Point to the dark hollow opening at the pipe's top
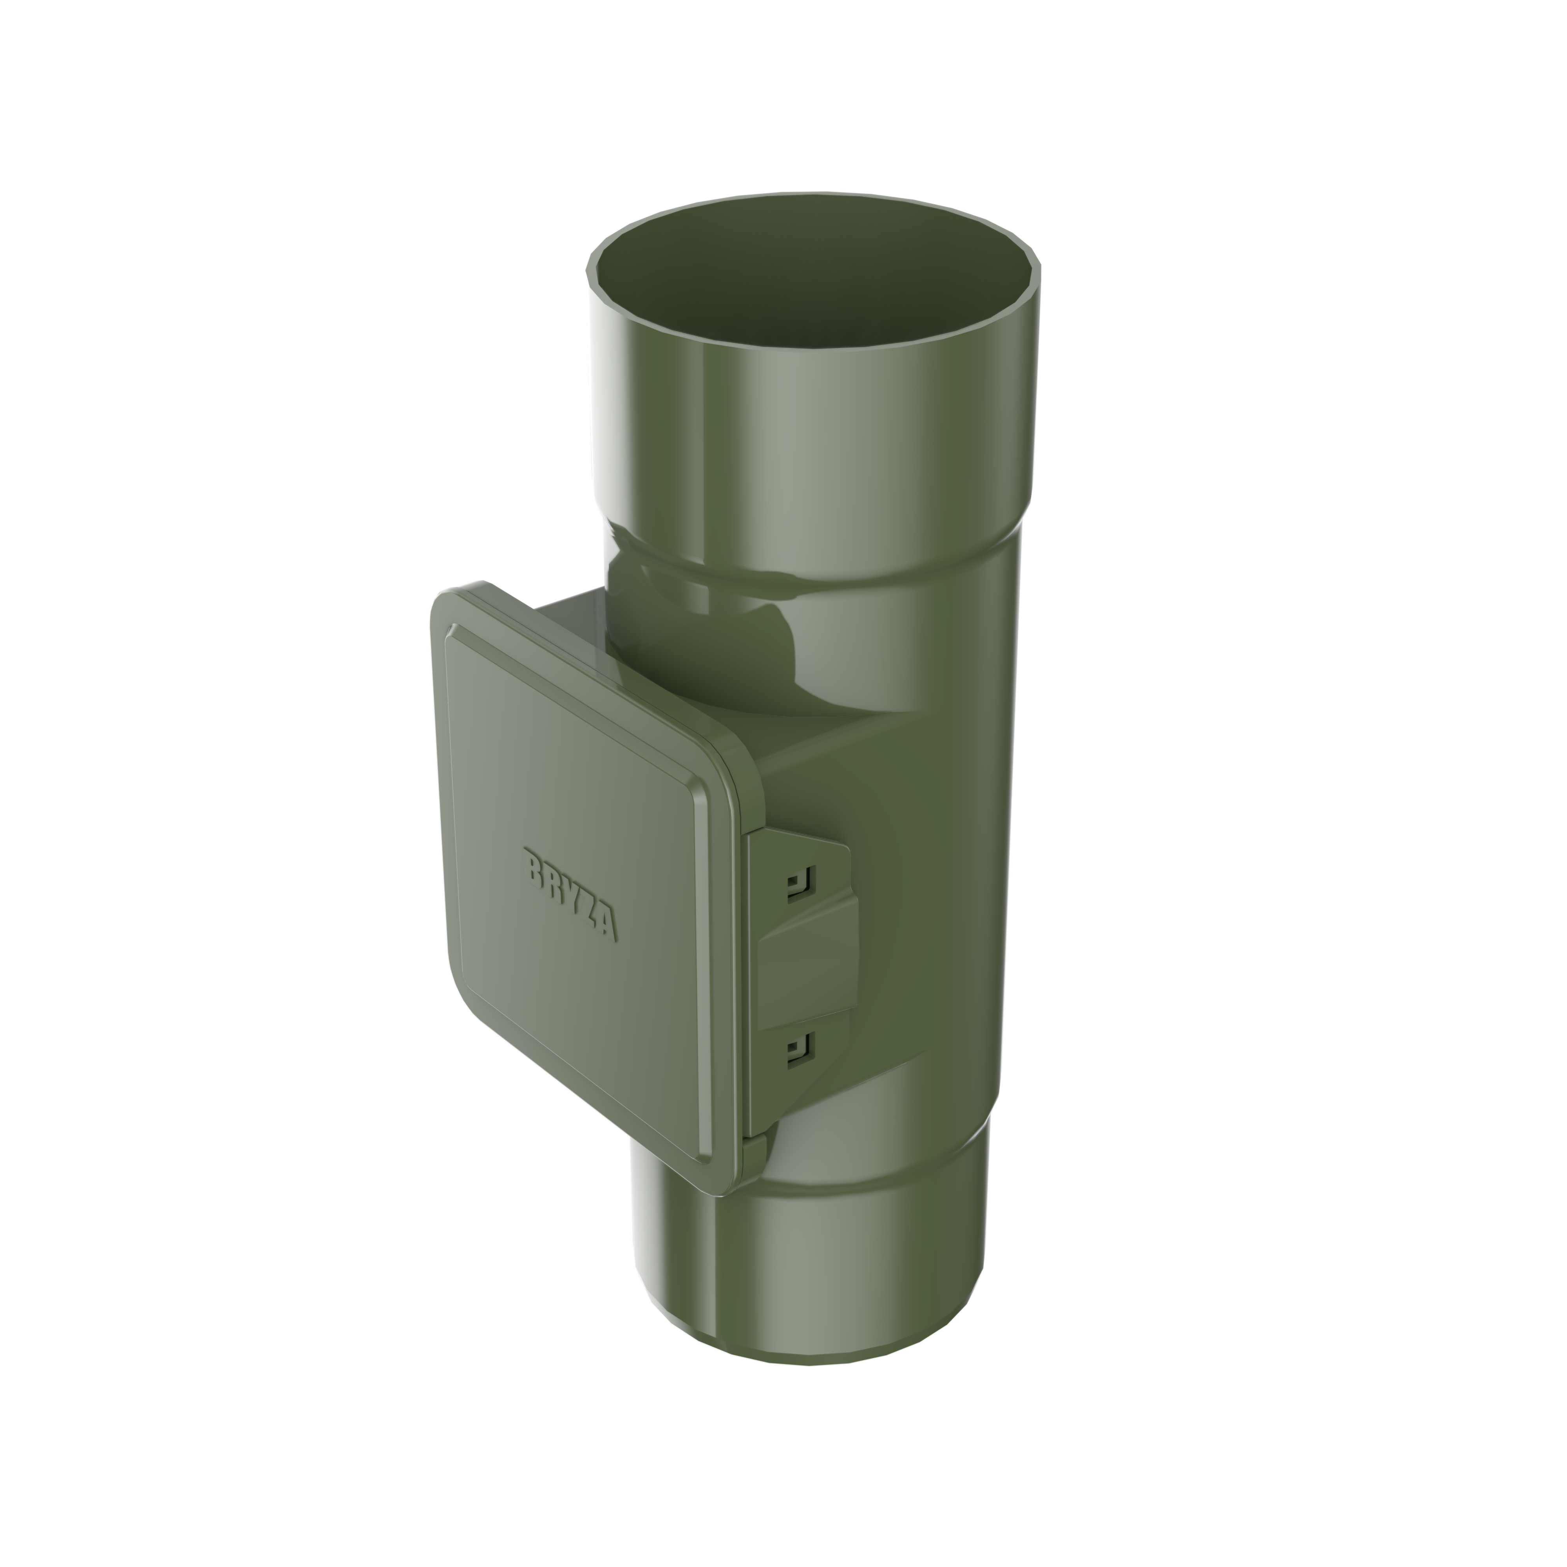[811, 280]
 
